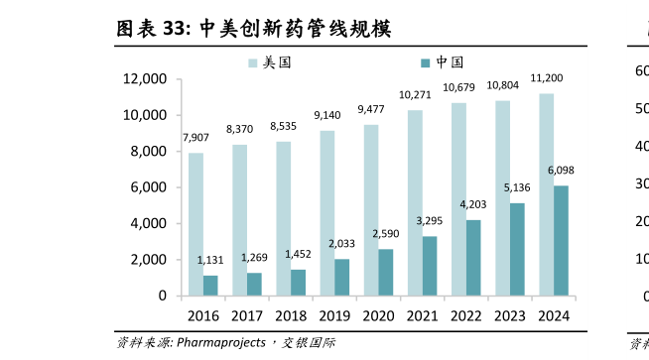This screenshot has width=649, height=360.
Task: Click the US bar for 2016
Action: tap(195, 224)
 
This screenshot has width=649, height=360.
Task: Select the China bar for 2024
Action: tap(561, 240)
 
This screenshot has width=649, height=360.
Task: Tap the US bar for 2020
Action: tap(371, 210)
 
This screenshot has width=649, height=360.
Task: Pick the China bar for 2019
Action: tap(342, 277)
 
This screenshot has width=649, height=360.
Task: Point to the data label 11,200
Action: tap(547, 78)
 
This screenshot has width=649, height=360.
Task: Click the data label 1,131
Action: tap(210, 260)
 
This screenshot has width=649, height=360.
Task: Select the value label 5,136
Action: tap(517, 187)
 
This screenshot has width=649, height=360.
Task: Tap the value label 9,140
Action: tap(326, 115)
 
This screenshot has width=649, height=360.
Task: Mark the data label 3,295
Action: tap(429, 220)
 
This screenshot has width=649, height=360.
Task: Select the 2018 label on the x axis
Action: tap(291, 316)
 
